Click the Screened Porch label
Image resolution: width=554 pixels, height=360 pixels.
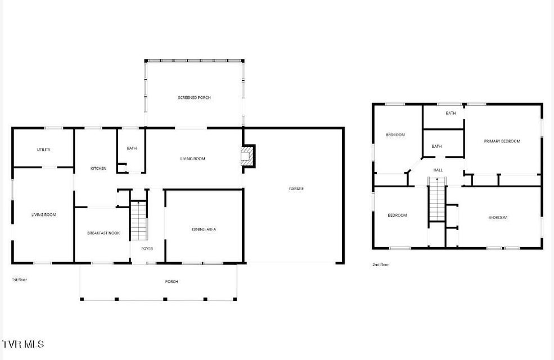pyautogui.click(x=194, y=97)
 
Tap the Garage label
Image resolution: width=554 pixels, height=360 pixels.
pyautogui.click(x=296, y=188)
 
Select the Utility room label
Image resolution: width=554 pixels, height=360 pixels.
pyautogui.click(x=43, y=150)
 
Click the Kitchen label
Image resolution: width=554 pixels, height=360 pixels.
pyautogui.click(x=98, y=169)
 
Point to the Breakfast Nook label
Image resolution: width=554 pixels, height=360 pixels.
pyautogui.click(x=103, y=233)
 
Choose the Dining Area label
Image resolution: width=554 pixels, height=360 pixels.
pyautogui.click(x=204, y=229)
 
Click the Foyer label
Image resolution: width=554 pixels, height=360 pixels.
pyautogui.click(x=147, y=249)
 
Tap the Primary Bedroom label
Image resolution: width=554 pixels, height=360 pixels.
pyautogui.click(x=502, y=141)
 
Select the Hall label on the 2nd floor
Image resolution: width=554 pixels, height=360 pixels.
pyautogui.click(x=438, y=170)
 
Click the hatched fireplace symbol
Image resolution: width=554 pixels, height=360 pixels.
pyautogui.click(x=247, y=155)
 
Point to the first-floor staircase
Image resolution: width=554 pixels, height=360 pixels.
pyautogui.click(x=138, y=220)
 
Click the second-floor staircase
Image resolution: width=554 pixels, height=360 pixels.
pyautogui.click(x=438, y=199)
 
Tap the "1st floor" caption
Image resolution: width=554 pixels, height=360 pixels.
pyautogui.click(x=20, y=280)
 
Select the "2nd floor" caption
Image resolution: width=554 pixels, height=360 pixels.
pyautogui.click(x=381, y=264)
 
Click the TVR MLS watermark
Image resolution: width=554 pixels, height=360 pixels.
pyautogui.click(x=23, y=344)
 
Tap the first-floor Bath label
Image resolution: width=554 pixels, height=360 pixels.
pyautogui.click(x=132, y=148)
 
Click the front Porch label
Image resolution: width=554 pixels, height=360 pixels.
pyautogui.click(x=172, y=282)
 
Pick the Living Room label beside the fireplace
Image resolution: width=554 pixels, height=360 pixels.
pyautogui.click(x=192, y=159)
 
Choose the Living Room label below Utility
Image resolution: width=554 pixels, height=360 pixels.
pyautogui.click(x=44, y=215)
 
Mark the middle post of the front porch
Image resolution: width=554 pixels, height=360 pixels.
pyautogui.click(x=165, y=299)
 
